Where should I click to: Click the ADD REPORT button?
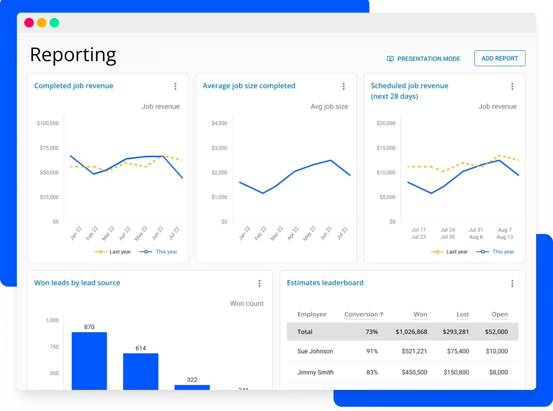tap(500, 58)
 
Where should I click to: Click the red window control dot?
tap(29, 23)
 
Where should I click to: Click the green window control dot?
tap(54, 23)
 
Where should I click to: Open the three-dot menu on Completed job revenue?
tap(175, 86)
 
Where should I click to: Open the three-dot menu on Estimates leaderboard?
tap(512, 283)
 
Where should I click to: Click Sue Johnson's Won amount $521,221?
tap(414, 351)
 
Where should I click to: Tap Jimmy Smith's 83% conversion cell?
tap(372, 372)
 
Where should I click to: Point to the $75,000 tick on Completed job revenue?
tap(49, 148)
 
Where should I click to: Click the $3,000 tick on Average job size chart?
tap(219, 148)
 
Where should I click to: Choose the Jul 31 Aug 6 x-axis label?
tap(476, 233)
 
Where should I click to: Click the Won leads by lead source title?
tap(77, 283)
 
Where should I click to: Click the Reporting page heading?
tap(73, 55)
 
